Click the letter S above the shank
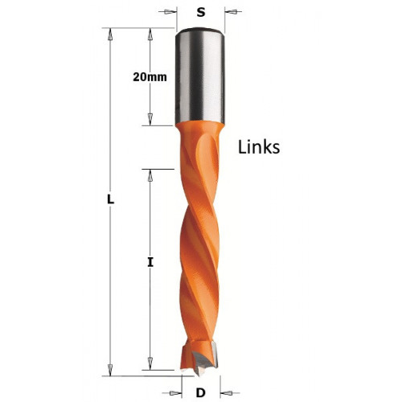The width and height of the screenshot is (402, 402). [201, 12]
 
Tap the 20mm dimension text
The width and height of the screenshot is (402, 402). [150, 77]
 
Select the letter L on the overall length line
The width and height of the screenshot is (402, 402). [111, 199]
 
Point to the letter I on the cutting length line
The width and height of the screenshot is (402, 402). [150, 262]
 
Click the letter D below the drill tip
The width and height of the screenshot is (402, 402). [200, 393]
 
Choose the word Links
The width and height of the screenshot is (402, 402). [259, 147]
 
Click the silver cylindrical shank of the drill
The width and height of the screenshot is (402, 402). [200, 76]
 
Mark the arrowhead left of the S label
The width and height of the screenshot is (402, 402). [169, 11]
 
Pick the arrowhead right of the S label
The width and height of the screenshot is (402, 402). [232, 11]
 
